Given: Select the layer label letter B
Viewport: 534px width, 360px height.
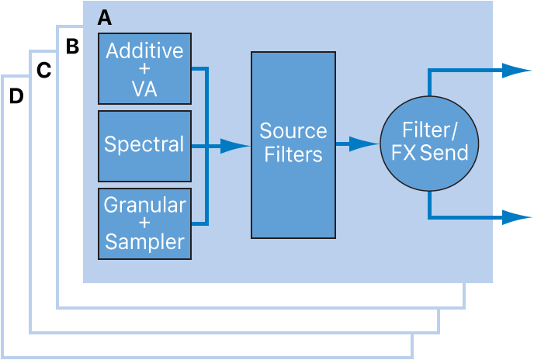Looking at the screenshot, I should click(72, 47).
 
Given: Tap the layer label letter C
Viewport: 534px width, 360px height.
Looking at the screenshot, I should click(43, 71).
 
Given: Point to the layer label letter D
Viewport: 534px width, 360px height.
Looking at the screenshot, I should click(16, 96).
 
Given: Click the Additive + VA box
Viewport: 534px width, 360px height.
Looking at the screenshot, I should click(144, 68).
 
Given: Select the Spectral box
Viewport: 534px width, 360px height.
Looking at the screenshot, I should click(144, 146).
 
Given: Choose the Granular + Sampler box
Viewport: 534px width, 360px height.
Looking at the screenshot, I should click(144, 223).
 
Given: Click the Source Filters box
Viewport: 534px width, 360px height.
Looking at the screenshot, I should click(293, 145).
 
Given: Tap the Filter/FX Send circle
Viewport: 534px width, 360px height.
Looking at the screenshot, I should click(429, 144).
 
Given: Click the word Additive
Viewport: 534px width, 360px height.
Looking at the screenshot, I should click(144, 51).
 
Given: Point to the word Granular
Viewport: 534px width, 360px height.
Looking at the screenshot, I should click(144, 206).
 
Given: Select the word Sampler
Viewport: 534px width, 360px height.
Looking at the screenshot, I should click(144, 241).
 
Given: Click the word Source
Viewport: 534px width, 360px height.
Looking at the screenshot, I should click(293, 130).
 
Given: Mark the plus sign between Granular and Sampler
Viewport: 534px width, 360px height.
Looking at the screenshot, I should click(144, 223).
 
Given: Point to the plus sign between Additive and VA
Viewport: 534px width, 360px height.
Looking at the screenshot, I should click(144, 70).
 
